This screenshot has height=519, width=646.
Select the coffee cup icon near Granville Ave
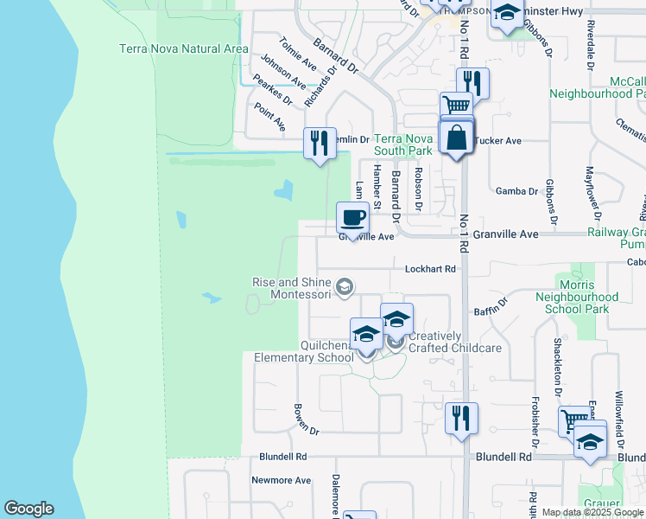(x=352, y=217)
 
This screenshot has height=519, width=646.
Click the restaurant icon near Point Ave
(x=320, y=142)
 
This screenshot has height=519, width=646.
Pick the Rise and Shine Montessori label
(x=292, y=288)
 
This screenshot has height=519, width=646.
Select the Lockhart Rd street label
(x=430, y=269)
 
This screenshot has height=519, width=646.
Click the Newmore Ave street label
(x=281, y=480)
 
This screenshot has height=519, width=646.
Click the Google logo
(x=28, y=509)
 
